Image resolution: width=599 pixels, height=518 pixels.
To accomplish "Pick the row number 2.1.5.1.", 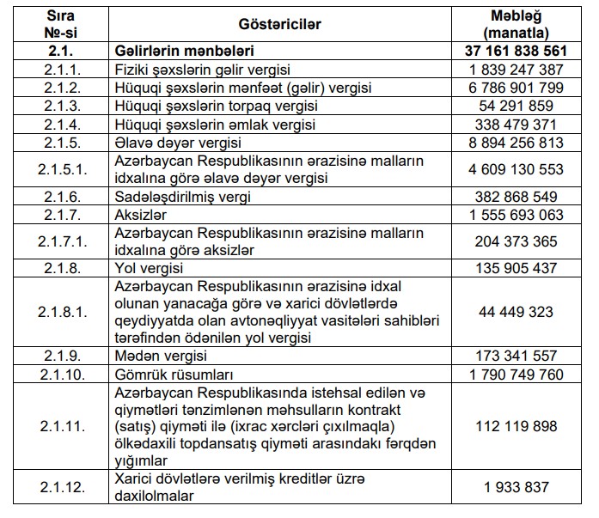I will pos(58,169).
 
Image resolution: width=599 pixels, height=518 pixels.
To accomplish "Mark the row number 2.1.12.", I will pos(58,487).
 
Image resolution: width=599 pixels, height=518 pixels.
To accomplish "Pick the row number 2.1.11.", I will pos(58,426).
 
